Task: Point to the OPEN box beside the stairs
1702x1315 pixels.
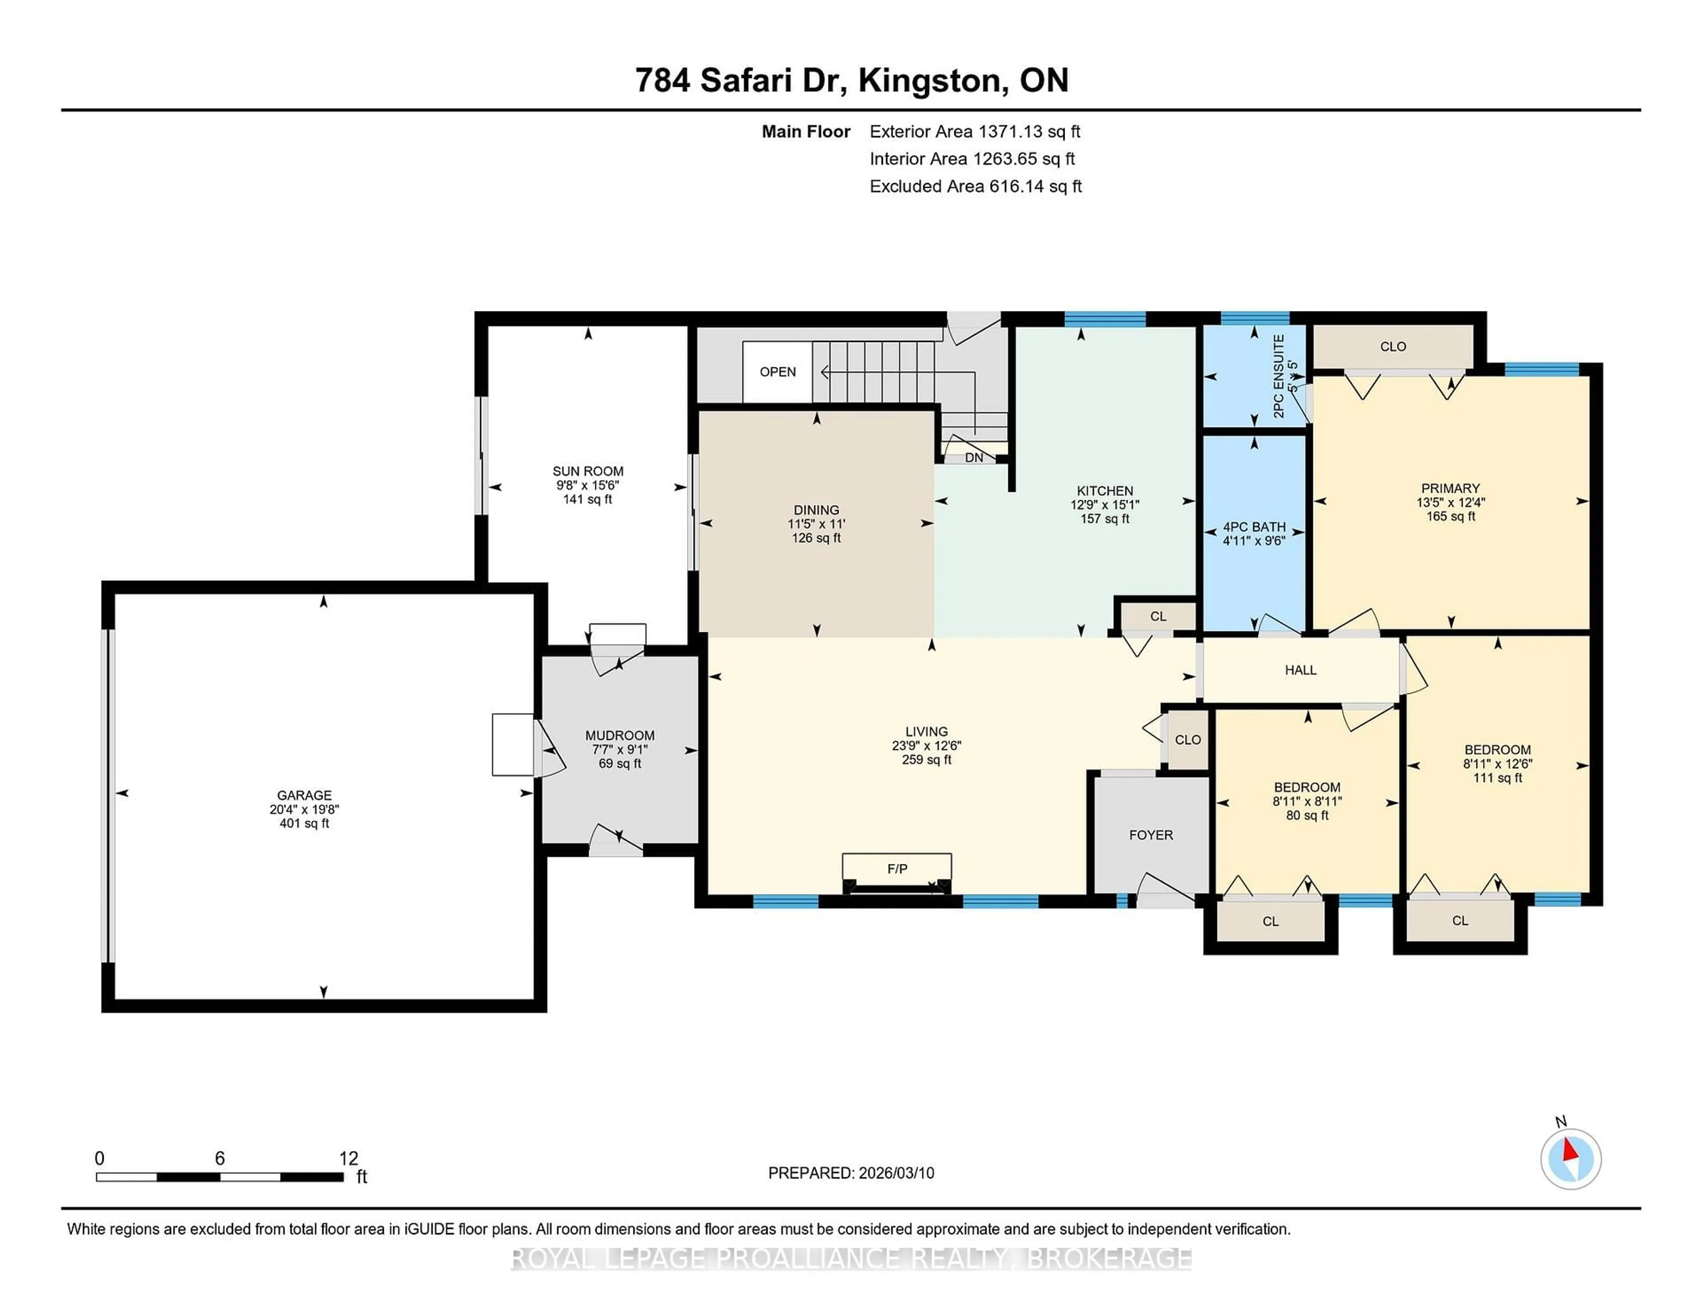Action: (777, 372)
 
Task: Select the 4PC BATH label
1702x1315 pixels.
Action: (1254, 527)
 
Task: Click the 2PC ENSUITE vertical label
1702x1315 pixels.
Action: (1279, 376)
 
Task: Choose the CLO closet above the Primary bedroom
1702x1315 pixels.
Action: (1393, 346)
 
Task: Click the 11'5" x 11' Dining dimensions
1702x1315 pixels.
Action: (816, 524)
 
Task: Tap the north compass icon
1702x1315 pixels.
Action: (1570, 1159)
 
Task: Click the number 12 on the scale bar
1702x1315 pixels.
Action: (348, 1159)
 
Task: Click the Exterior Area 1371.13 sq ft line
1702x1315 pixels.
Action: (974, 132)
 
